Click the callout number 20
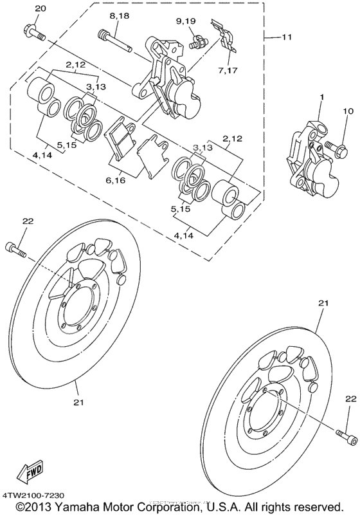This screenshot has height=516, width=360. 40,8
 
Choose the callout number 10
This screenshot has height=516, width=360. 348,112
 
